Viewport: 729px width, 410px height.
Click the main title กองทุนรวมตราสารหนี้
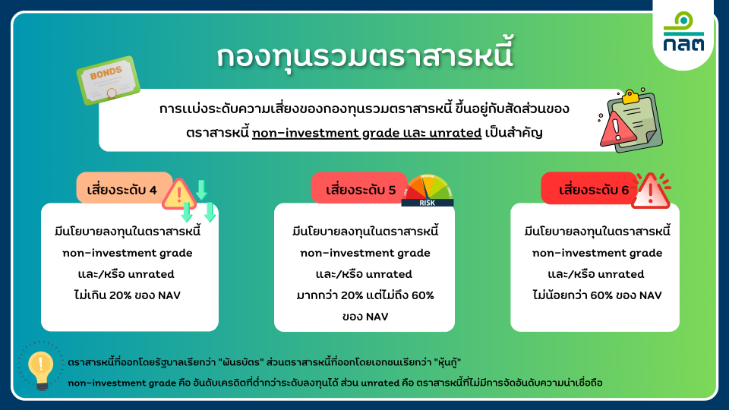365,55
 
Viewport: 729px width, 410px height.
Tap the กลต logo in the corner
683,32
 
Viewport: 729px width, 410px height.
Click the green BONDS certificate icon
109,80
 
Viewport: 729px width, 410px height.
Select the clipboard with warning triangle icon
630,121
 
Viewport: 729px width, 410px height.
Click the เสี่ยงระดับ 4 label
121,190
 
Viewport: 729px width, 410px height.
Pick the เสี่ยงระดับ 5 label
361,190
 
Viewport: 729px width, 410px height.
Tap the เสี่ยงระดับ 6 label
594,190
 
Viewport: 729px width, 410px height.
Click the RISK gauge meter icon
428,191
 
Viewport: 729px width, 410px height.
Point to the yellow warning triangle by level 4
179,194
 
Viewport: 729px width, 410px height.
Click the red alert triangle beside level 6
652,191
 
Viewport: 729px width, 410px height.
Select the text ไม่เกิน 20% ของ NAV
128,295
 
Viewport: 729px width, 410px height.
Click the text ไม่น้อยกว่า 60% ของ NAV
597,295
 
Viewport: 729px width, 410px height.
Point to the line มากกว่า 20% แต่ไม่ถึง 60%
365,295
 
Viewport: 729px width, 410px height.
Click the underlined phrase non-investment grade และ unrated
367,133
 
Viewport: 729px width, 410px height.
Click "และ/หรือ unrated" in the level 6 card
595,274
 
